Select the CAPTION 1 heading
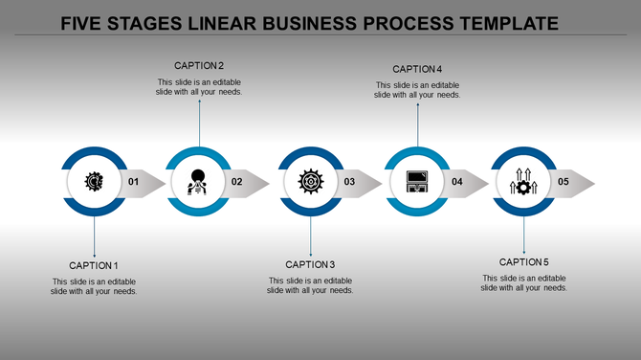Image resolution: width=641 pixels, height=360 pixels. pyautogui.click(x=94, y=265)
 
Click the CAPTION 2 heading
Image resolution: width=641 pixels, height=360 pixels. pyautogui.click(x=199, y=66)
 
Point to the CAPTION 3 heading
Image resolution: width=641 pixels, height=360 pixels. pyautogui.click(x=310, y=264)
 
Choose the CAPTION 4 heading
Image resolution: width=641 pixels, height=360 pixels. pyautogui.click(x=417, y=69)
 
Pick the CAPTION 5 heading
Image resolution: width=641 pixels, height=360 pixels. pyautogui.click(x=524, y=262)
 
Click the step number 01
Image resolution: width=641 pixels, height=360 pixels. pyautogui.click(x=133, y=182)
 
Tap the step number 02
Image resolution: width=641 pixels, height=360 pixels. pyautogui.click(x=237, y=182)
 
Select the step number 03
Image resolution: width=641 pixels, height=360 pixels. pyautogui.click(x=350, y=182)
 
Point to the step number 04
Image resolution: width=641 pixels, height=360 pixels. pyautogui.click(x=457, y=182)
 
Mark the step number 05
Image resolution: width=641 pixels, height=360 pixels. pyautogui.click(x=564, y=182)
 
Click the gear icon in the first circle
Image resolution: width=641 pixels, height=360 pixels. pyautogui.click(x=94, y=181)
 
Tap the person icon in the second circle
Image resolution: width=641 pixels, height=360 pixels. pyautogui.click(x=198, y=181)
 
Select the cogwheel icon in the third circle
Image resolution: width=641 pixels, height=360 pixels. pyautogui.click(x=310, y=181)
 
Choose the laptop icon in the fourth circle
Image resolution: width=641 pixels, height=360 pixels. pyautogui.click(x=417, y=181)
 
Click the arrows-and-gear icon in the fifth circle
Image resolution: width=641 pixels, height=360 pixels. pyautogui.click(x=523, y=181)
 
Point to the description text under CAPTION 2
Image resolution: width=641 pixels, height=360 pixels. pyautogui.click(x=199, y=87)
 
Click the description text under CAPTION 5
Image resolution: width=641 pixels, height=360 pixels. pyautogui.click(x=524, y=282)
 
